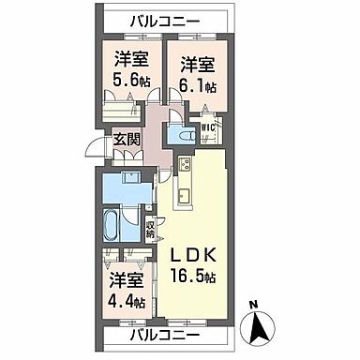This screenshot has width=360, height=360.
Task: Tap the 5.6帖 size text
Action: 130,81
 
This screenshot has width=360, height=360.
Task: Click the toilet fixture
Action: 187,137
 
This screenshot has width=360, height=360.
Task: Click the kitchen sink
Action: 183,195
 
